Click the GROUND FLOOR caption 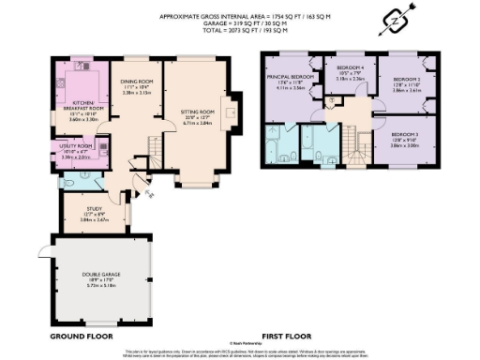(81, 336)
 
